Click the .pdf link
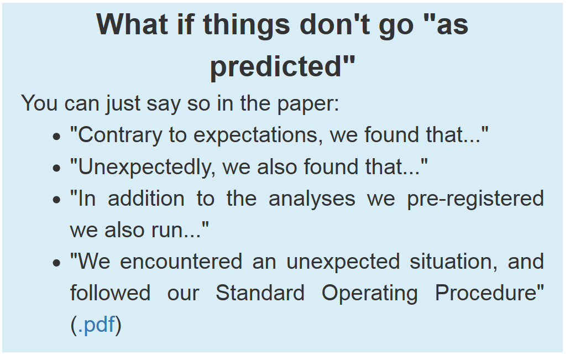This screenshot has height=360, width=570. coord(96,325)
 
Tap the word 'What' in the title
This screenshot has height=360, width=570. coord(132,24)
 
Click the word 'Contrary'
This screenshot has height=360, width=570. coord(120,135)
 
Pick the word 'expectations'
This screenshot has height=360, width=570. coord(257,136)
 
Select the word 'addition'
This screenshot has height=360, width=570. coord(146,199)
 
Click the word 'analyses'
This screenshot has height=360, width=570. coord(312,199)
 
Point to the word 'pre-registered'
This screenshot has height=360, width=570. coord(475,199)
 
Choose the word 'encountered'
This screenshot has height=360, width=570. coord(181,262)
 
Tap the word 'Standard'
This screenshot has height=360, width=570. coord(260,293)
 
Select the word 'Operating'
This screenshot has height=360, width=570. coord(369,294)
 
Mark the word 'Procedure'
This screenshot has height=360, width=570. coord(487,293)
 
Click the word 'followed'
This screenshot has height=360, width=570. coord(110,293)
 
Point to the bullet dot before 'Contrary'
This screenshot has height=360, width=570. coord(56,137)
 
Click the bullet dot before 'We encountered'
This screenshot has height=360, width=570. coord(56,263)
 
